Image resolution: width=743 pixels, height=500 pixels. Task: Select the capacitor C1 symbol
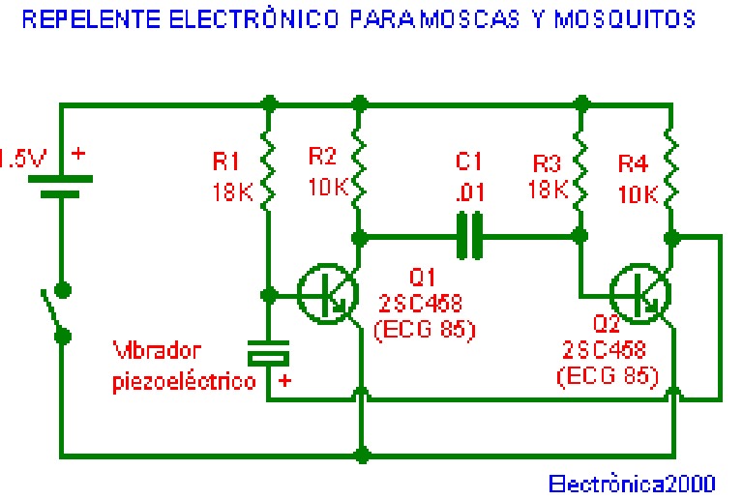click(470, 236)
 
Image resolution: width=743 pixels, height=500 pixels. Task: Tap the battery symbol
click(61, 185)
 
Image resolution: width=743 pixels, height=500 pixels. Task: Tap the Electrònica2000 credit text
click(632, 482)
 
